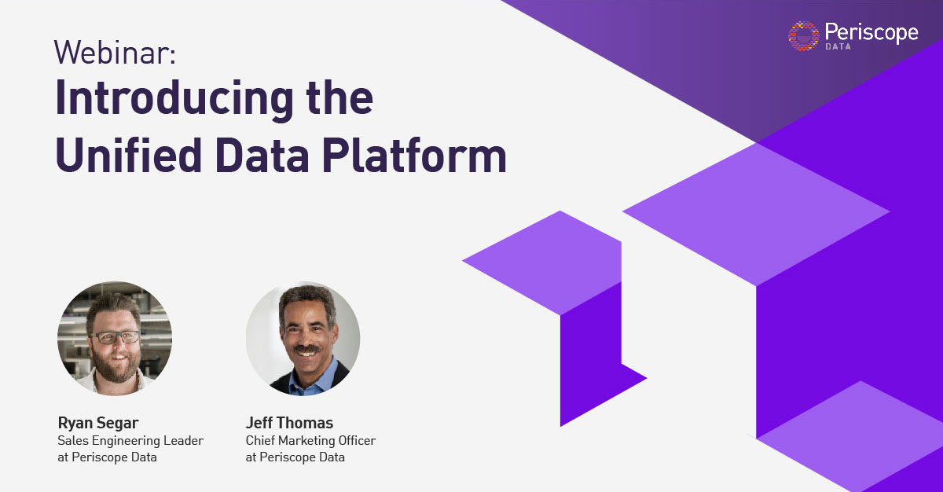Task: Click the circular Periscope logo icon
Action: (803, 36)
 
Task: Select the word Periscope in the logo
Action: (871, 32)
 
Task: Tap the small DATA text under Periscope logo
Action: (838, 46)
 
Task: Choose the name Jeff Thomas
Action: (289, 423)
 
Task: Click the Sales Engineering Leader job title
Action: (130, 440)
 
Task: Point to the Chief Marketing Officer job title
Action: (310, 440)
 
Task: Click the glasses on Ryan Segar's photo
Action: (115, 336)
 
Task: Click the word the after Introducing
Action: (329, 100)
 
